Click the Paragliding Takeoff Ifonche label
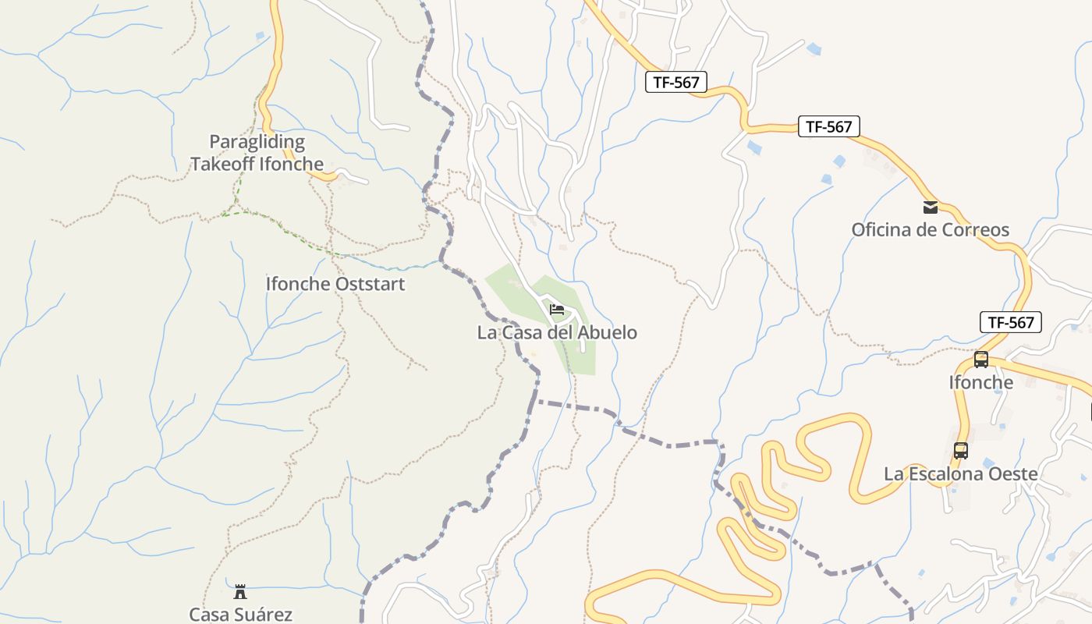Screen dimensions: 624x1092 pyautogui.click(x=257, y=153)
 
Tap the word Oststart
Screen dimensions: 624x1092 pyautogui.click(x=370, y=284)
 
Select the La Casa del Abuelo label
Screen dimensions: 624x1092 pyautogui.click(x=557, y=333)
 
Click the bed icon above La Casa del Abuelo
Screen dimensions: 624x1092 pyautogui.click(x=557, y=310)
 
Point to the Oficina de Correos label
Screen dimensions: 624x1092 pyautogui.click(x=930, y=230)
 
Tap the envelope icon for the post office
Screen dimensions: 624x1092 pyautogui.click(x=931, y=207)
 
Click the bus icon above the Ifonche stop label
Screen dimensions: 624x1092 pyautogui.click(x=981, y=360)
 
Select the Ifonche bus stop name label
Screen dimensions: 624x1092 pyautogui.click(x=981, y=383)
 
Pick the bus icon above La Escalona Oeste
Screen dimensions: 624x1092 pyautogui.click(x=961, y=451)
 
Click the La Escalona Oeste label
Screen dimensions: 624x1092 pyautogui.click(x=961, y=474)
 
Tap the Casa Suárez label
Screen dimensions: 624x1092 pyautogui.click(x=240, y=615)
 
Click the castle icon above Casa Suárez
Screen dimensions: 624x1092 pyautogui.click(x=240, y=592)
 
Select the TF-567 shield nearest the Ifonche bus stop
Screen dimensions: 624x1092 pyautogui.click(x=1010, y=322)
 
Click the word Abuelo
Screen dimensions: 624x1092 pyautogui.click(x=608, y=333)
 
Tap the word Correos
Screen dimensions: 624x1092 pyautogui.click(x=976, y=230)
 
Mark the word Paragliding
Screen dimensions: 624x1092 pyautogui.click(x=257, y=143)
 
